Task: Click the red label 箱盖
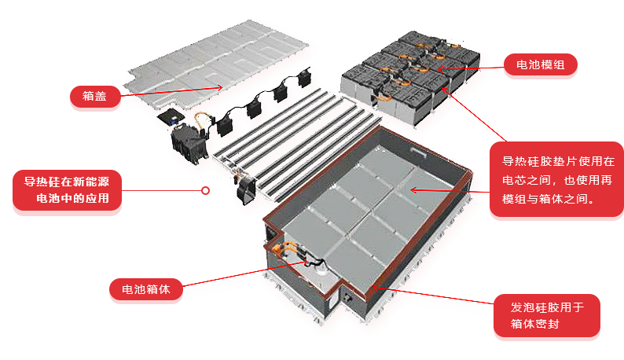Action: [x=95, y=97]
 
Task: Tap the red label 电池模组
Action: [x=541, y=64]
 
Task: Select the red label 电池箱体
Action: [x=146, y=289]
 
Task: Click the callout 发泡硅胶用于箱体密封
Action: [x=547, y=315]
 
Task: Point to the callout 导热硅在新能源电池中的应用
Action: [x=67, y=190]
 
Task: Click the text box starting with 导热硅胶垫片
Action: [x=556, y=179]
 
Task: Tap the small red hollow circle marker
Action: [x=205, y=191]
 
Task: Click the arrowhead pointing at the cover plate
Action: [x=219, y=87]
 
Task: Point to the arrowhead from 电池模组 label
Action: [x=441, y=69]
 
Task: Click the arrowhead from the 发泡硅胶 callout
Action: [x=376, y=287]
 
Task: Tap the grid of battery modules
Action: [x=410, y=77]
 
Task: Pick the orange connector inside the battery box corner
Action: [x=280, y=250]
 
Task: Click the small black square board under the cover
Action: [x=171, y=117]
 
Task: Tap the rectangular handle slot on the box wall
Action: [x=418, y=152]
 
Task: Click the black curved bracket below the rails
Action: [x=246, y=191]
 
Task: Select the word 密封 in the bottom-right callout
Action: [x=547, y=324]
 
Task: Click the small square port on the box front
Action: [x=349, y=297]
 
